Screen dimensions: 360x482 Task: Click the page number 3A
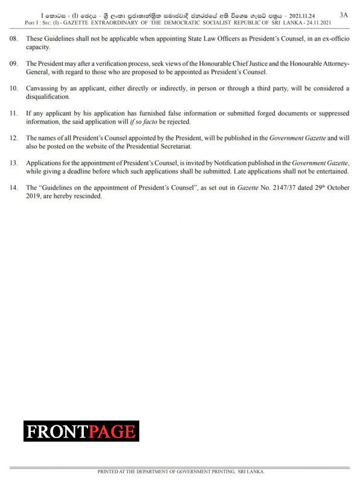pos(343,14)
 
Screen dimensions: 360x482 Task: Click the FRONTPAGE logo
pos(81,431)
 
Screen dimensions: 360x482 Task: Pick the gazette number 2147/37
pos(275,187)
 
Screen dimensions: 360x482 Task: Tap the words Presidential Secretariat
pos(160,146)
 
